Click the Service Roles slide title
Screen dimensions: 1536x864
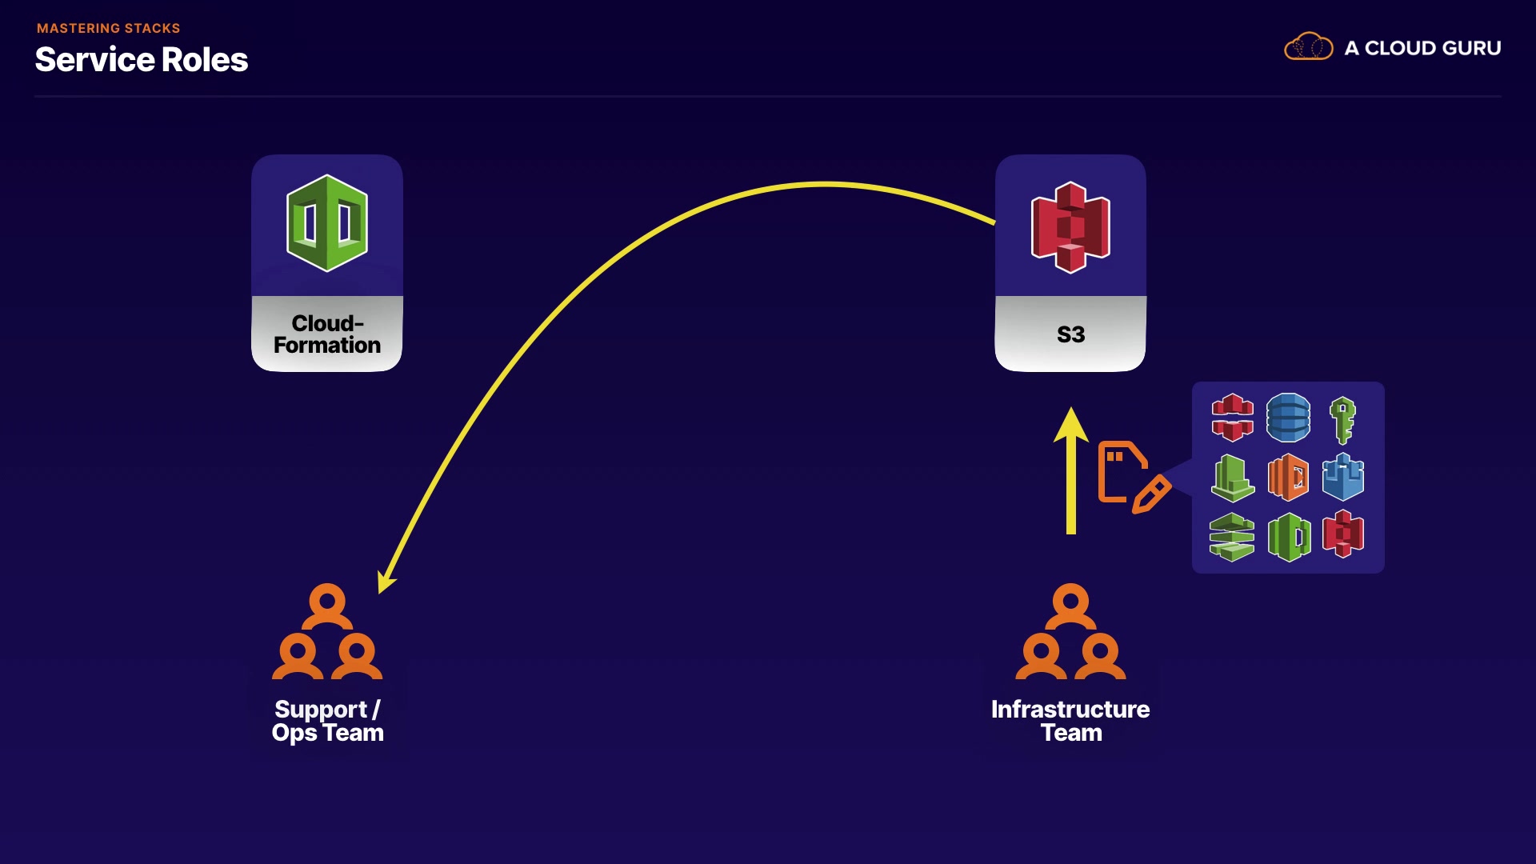click(142, 60)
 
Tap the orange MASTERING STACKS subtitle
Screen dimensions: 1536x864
click(109, 28)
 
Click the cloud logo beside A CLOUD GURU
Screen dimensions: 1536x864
click(1309, 47)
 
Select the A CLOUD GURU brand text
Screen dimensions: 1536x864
click(1422, 48)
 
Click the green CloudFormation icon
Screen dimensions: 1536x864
click(327, 223)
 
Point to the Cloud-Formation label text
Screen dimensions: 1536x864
click(327, 334)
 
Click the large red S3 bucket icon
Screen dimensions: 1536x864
click(1070, 227)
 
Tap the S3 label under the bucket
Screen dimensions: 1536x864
click(1070, 334)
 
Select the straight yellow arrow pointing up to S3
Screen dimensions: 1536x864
click(1070, 470)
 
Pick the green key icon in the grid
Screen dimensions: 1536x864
click(1342, 420)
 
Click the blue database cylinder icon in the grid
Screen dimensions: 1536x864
click(1288, 418)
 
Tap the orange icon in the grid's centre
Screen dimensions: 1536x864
click(1288, 477)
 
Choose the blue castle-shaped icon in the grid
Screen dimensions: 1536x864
click(1343, 477)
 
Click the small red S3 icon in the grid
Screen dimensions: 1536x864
click(1343, 534)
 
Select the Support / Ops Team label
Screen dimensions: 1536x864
click(327, 721)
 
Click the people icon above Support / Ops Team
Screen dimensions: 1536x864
click(327, 631)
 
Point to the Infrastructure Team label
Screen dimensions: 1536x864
click(1070, 721)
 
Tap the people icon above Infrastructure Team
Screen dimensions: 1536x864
click(1070, 631)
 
